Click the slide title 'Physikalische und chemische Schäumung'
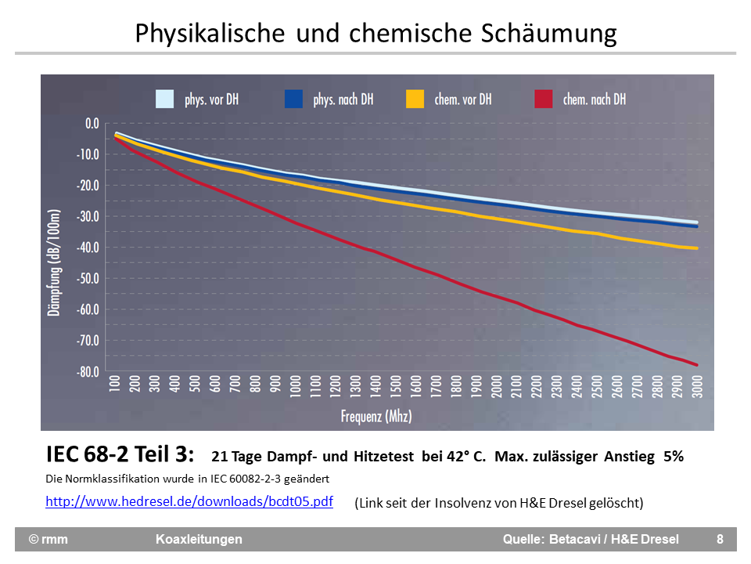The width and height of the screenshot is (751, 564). [x=375, y=33]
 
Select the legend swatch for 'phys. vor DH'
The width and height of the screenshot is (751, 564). [x=164, y=99]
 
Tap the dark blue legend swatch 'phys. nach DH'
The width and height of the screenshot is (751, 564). [x=293, y=99]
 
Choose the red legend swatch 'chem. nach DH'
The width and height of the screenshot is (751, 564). [x=543, y=99]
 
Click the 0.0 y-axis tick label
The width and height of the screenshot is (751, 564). [x=92, y=123]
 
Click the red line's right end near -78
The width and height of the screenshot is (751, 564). [x=695, y=364]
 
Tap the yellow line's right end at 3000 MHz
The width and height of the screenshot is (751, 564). [x=695, y=248]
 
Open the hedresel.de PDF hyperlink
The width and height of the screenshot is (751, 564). [x=189, y=501]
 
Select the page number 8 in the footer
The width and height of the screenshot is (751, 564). [x=720, y=539]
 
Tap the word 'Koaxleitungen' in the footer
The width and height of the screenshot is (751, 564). [x=199, y=539]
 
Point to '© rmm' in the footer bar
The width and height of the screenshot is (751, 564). [x=49, y=539]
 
